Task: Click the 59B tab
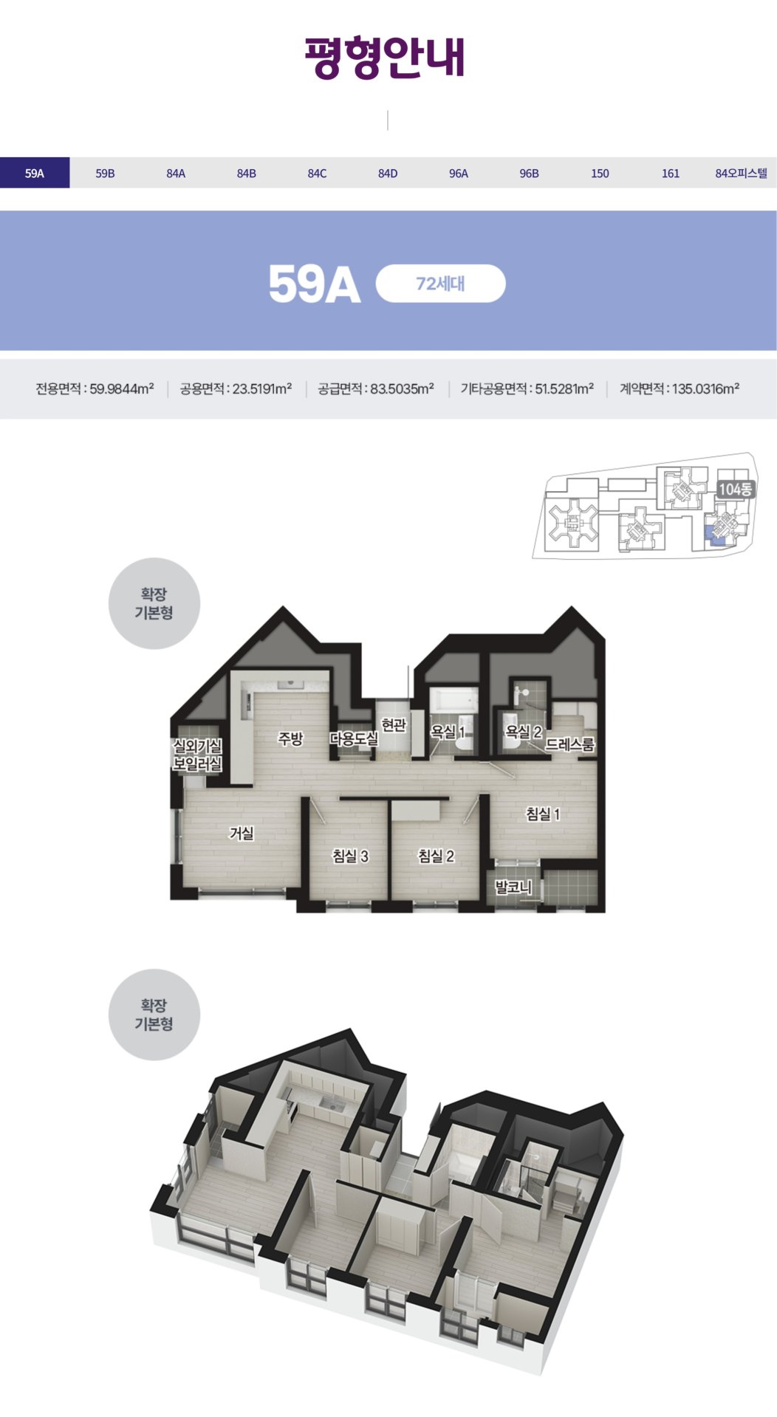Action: [105, 174]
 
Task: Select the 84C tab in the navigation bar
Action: [317, 174]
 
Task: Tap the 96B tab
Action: [529, 174]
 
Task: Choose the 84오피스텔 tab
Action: [741, 174]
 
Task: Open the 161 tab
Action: [670, 174]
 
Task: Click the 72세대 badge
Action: [440, 284]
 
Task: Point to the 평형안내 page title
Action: [386, 57]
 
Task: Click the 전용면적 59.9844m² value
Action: [95, 389]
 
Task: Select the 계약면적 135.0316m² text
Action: [679, 389]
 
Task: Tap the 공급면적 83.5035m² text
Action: [376, 389]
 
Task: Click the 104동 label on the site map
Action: [735, 489]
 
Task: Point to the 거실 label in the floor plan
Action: [242, 833]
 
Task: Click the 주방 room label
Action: [290, 738]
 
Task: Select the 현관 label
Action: [394, 725]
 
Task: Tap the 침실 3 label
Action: [350, 856]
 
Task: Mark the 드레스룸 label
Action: [569, 744]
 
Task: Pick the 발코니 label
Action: [513, 887]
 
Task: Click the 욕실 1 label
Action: [448, 732]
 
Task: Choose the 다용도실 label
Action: [354, 738]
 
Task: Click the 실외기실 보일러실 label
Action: [197, 755]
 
